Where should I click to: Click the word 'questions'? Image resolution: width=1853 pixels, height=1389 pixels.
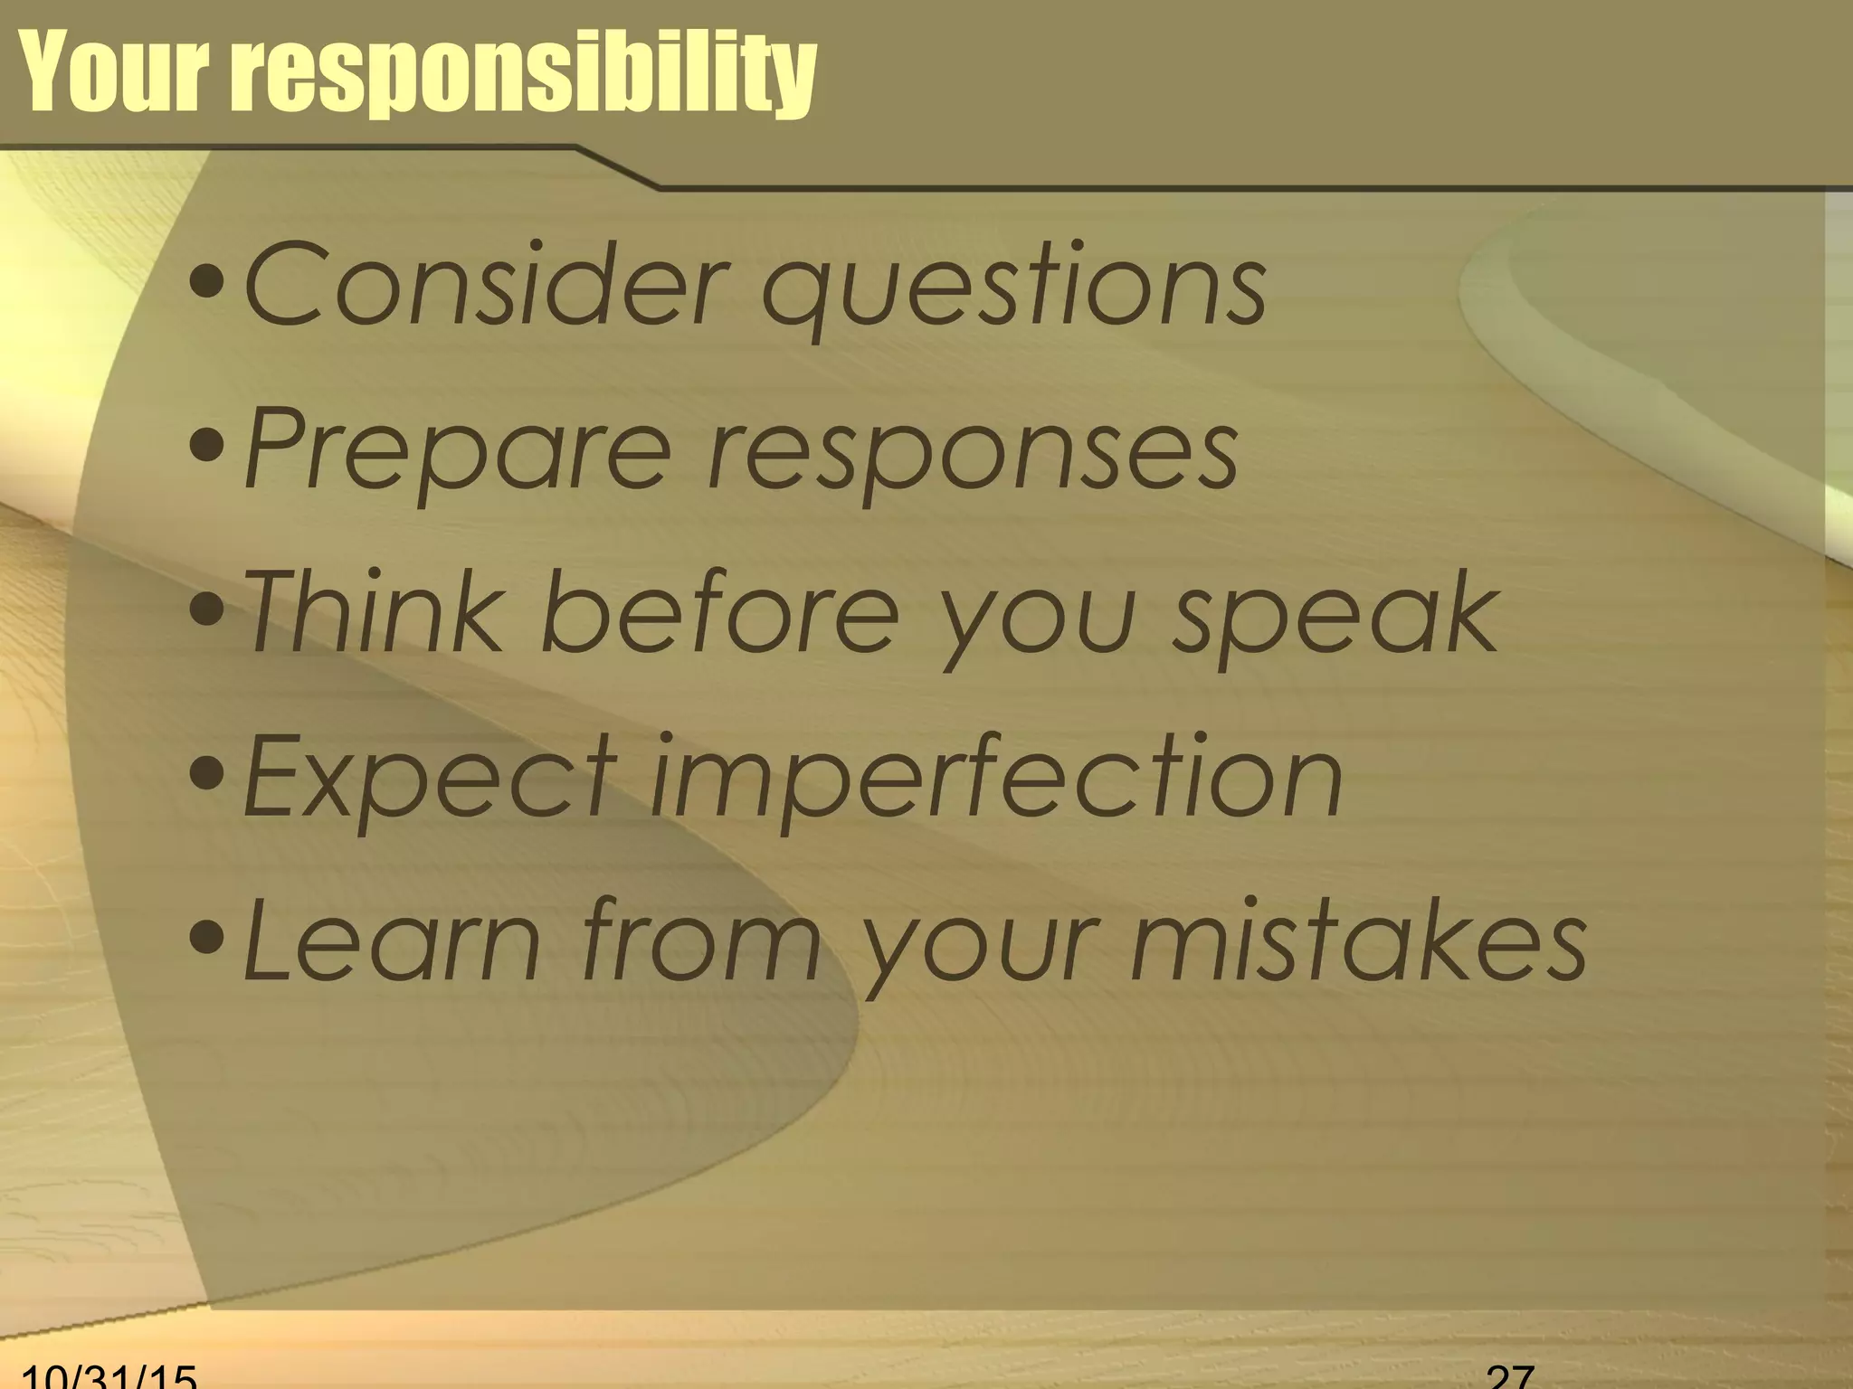[1013, 289]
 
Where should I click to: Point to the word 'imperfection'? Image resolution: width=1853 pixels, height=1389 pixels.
[995, 780]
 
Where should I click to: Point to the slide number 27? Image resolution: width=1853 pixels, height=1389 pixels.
[1510, 1377]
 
